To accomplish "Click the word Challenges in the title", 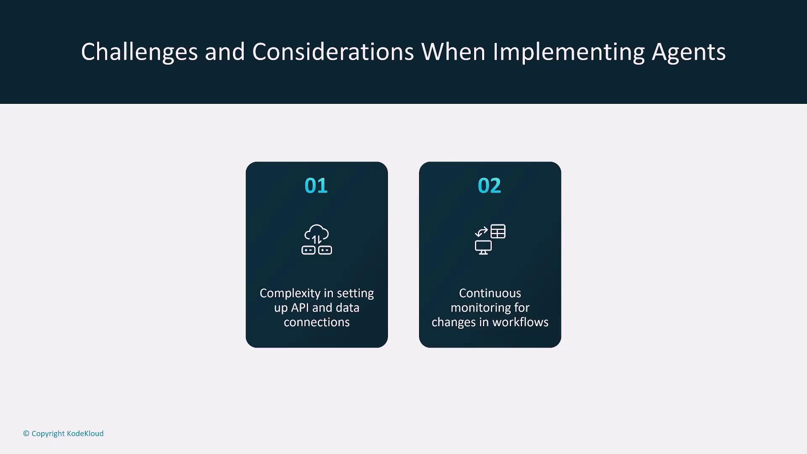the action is (139, 52).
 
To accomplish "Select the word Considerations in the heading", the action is (333, 52).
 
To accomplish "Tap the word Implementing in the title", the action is (568, 52).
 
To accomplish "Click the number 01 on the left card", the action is (316, 186).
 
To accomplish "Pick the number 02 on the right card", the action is (489, 186).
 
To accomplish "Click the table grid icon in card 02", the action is (498, 232).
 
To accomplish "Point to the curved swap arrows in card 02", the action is (481, 232).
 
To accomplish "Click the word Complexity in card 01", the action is (290, 294).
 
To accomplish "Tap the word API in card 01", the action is (300, 308).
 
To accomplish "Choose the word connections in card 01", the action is (317, 322).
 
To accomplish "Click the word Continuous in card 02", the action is (490, 293).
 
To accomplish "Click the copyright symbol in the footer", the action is (26, 433).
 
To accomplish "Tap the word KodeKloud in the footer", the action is (85, 433).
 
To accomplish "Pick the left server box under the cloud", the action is (309, 251).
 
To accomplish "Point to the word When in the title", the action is (454, 52).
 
